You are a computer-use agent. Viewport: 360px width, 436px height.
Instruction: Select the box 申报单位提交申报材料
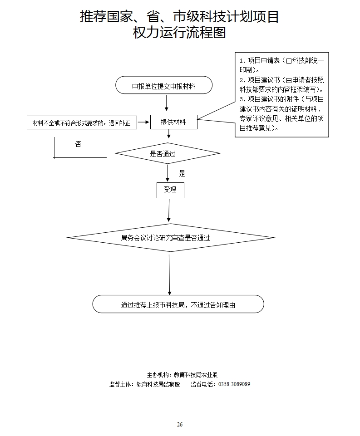pyautogui.click(x=164, y=85)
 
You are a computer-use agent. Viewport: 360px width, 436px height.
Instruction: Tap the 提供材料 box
pyautogui.click(x=174, y=122)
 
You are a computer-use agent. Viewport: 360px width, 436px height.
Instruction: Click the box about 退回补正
pyautogui.click(x=82, y=122)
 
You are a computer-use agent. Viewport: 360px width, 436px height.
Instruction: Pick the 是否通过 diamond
pyautogui.click(x=168, y=153)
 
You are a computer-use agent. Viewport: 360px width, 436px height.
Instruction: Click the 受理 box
pyautogui.click(x=170, y=190)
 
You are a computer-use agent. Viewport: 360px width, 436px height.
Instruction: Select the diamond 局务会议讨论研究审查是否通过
pyautogui.click(x=171, y=237)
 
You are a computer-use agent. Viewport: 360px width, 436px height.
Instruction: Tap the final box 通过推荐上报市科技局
pyautogui.click(x=178, y=304)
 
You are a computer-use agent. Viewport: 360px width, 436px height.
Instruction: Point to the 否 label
pyautogui.click(x=78, y=144)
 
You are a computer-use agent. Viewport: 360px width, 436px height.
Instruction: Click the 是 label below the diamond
pyautogui.click(x=182, y=173)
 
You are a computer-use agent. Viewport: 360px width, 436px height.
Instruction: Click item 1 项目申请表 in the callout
pyautogui.click(x=281, y=64)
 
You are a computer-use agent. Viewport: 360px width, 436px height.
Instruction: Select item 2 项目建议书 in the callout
pyautogui.click(x=281, y=84)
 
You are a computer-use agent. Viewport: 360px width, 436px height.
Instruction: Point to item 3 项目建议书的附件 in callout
pyautogui.click(x=281, y=113)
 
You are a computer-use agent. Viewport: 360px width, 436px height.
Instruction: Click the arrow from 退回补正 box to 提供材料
pyautogui.click(x=143, y=122)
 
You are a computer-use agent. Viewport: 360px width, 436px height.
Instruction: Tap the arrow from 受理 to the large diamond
pyautogui.click(x=169, y=211)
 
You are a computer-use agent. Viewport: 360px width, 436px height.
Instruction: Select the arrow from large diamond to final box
pyautogui.click(x=170, y=274)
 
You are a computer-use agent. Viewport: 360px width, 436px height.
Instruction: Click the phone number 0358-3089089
pyautogui.click(x=234, y=384)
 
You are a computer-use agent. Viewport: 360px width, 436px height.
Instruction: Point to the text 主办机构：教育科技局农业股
pyautogui.click(x=182, y=375)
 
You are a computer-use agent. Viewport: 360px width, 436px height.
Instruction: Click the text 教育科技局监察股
pyautogui.click(x=158, y=384)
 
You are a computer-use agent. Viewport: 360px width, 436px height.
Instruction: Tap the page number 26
pyautogui.click(x=180, y=424)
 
